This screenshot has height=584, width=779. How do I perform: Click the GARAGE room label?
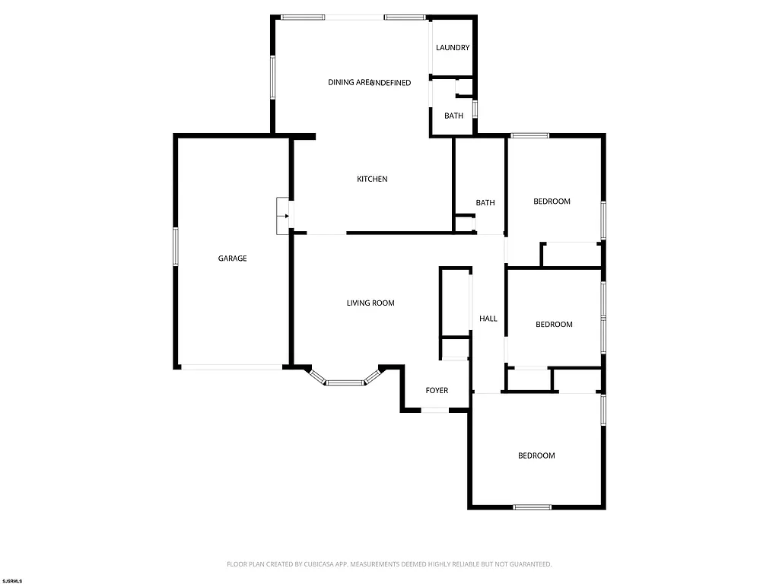click(x=233, y=259)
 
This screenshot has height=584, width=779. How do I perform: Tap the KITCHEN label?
click(x=373, y=179)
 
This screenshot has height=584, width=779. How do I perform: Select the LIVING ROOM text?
click(x=370, y=303)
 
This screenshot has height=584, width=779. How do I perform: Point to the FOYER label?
click(x=437, y=391)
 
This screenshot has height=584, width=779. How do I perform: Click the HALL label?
click(x=488, y=319)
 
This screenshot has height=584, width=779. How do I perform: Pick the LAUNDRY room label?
click(x=453, y=48)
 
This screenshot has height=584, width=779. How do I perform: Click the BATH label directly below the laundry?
click(x=453, y=116)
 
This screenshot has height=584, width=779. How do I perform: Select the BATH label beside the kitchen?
click(x=485, y=203)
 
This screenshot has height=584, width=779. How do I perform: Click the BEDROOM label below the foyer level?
click(x=536, y=456)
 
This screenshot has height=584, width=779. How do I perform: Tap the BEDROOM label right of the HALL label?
click(x=554, y=325)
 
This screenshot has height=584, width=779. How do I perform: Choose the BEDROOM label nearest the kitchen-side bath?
click(x=552, y=202)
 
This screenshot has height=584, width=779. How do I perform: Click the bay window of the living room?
click(x=344, y=382)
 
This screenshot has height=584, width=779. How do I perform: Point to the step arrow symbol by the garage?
click(x=285, y=216)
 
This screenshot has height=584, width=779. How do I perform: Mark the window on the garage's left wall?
click(x=176, y=246)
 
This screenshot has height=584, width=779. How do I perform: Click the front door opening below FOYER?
click(x=435, y=411)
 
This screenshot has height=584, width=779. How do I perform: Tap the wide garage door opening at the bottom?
click(x=232, y=367)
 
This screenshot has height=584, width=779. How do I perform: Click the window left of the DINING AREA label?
click(x=273, y=76)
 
